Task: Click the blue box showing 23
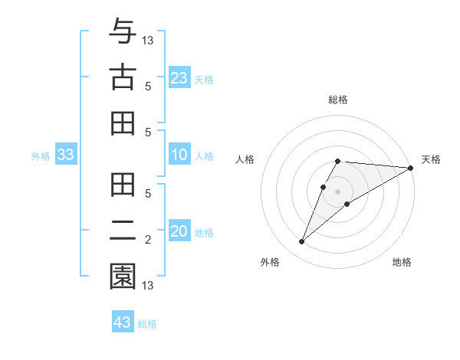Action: click(179, 78)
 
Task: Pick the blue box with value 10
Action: click(179, 155)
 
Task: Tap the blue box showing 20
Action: click(179, 232)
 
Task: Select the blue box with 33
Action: click(65, 155)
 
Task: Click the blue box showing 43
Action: click(122, 322)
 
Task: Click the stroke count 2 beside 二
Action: click(149, 241)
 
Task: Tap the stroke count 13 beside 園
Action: click(149, 286)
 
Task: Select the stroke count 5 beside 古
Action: click(149, 87)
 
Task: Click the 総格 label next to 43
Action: click(147, 324)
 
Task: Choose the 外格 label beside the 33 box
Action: click(41, 156)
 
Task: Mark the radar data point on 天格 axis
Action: click(410, 168)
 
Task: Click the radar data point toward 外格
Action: click(301, 242)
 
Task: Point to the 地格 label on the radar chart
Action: click(402, 263)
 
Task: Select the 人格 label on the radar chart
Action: click(245, 159)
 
